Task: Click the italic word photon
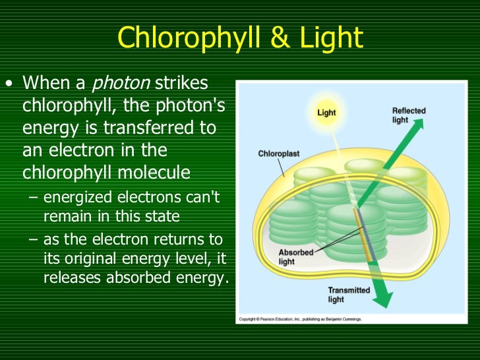tap(121, 84)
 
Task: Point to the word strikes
tap(182, 84)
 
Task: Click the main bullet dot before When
tap(9, 84)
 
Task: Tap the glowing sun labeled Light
tap(326, 113)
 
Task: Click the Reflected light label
tap(409, 115)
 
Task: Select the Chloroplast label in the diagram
tap(278, 154)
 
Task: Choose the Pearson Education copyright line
tap(300, 319)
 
